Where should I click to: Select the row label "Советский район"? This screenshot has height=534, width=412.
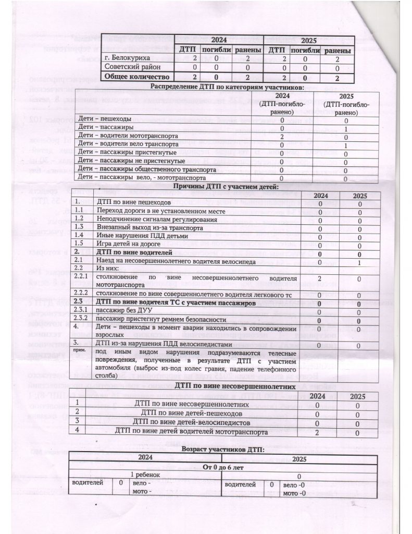[130, 67]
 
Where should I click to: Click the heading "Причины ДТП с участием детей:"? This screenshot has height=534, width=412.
[220, 186]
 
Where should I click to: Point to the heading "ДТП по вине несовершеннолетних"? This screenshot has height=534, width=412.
[219, 385]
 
